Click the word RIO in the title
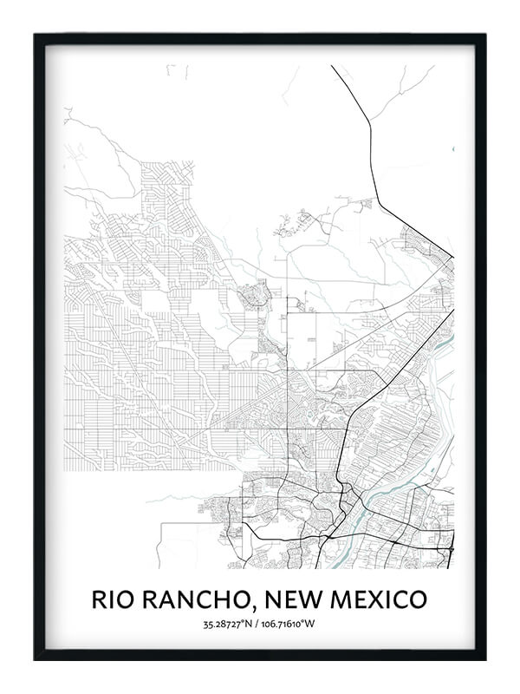tap(114, 599)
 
